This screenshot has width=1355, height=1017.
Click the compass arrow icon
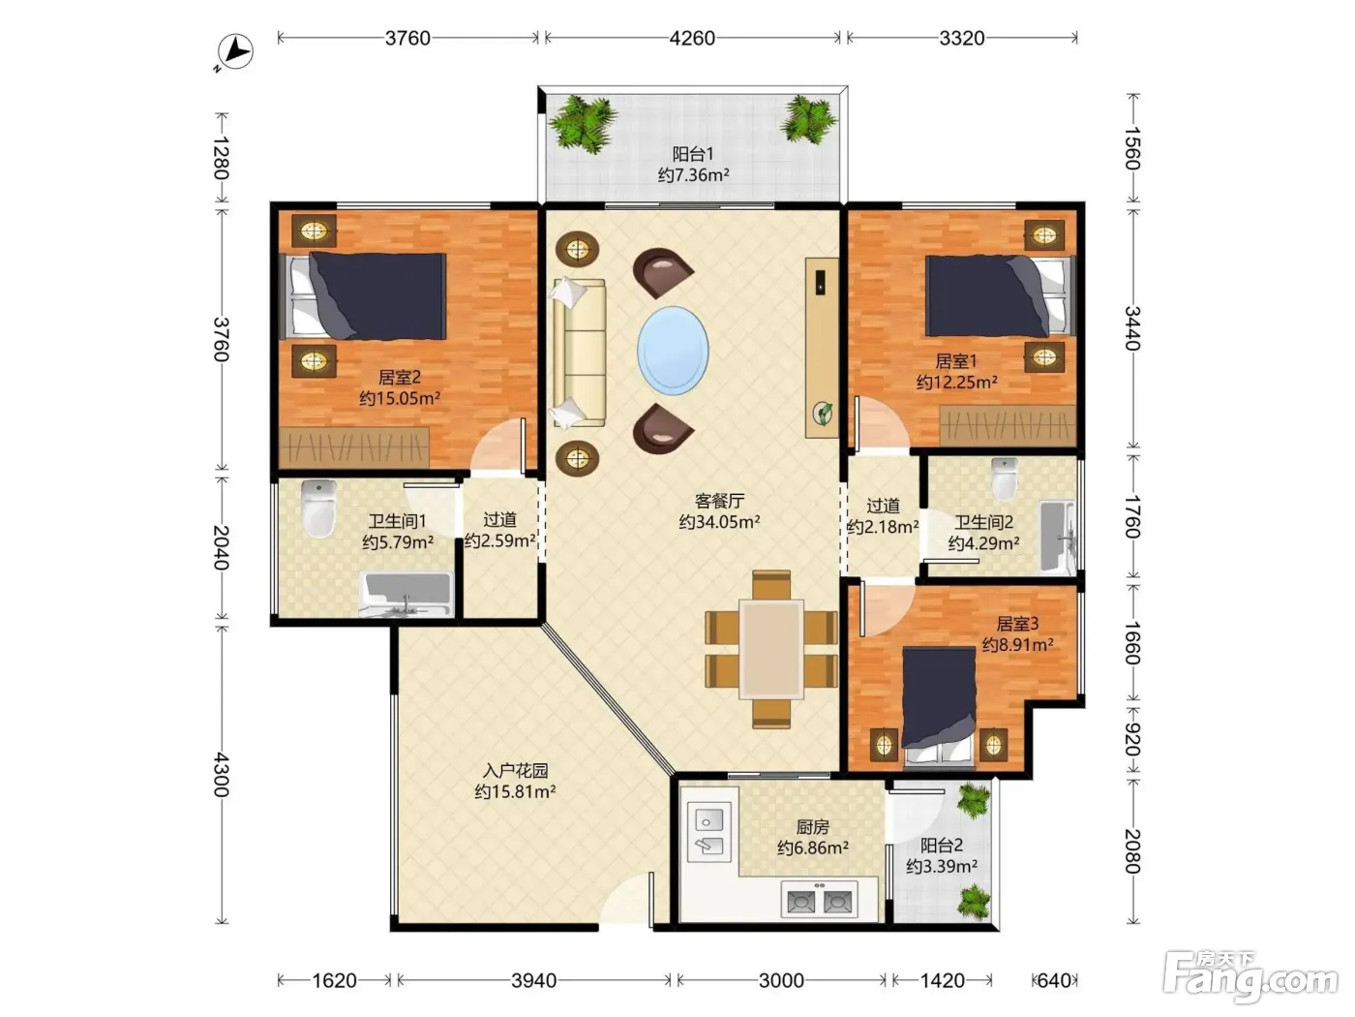(x=236, y=51)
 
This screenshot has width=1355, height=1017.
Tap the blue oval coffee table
(x=673, y=350)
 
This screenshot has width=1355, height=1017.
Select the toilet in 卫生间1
(x=319, y=508)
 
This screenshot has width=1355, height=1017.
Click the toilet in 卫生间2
(x=1005, y=478)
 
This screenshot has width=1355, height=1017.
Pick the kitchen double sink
(x=708, y=831)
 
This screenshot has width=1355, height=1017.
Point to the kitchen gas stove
(x=819, y=899)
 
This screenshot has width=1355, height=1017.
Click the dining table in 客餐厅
(x=771, y=649)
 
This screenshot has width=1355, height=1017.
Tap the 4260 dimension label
(x=692, y=39)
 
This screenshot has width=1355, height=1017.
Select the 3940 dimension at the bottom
(x=533, y=980)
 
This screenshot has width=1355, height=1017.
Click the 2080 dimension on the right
(x=1132, y=851)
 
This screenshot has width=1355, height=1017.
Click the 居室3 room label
(x=1017, y=624)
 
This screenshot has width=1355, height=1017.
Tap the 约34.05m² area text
(x=719, y=522)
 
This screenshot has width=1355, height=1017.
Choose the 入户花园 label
(x=515, y=770)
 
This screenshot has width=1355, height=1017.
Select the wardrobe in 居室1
(x=1008, y=425)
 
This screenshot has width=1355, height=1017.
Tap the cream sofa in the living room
(x=579, y=352)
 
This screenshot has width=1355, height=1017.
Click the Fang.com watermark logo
(x=1250, y=976)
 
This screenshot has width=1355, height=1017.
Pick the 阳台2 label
(x=942, y=845)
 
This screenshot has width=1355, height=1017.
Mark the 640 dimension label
(x=1053, y=980)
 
